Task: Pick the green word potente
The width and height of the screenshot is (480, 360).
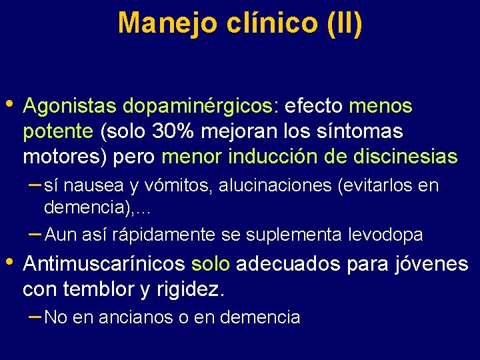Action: tap(58, 132)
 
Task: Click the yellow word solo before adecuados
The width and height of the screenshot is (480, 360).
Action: tap(211, 264)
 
